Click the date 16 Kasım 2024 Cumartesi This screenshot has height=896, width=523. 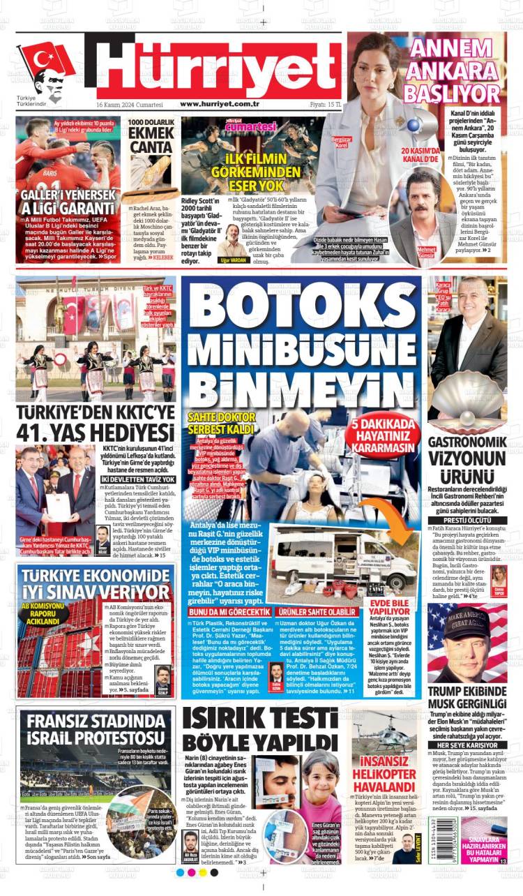click(129, 104)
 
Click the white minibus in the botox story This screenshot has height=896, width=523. click(342, 555)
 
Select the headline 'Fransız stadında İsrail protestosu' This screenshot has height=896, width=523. click(97, 729)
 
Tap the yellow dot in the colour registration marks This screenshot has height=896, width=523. click(203, 872)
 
